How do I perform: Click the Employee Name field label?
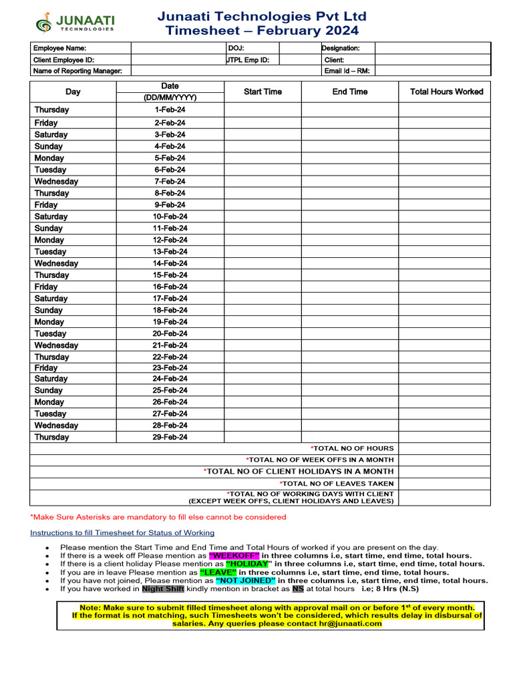pyautogui.click(x=60, y=48)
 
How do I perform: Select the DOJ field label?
pyautogui.click(x=236, y=48)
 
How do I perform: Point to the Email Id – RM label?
pyautogui.click(x=347, y=71)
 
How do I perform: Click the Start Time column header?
pyautogui.click(x=263, y=92)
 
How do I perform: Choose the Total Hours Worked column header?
pyautogui.click(x=446, y=92)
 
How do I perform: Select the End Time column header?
pyautogui.click(x=350, y=92)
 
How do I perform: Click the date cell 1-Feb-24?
pyautogui.click(x=170, y=110)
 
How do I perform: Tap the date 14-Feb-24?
pyautogui.click(x=170, y=263)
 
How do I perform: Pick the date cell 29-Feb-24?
pyautogui.click(x=170, y=437)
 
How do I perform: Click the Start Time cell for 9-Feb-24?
pyautogui.click(x=263, y=205)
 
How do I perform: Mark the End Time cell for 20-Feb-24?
pyautogui.click(x=350, y=333)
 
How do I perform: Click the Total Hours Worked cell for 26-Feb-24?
pyautogui.click(x=446, y=402)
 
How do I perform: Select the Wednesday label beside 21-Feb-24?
pyautogui.click(x=56, y=345)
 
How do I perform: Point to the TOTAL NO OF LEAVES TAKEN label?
pyautogui.click(x=337, y=483)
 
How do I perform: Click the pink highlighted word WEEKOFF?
pyautogui.click(x=234, y=556)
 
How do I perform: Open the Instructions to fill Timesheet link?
pyautogui.click(x=122, y=532)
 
